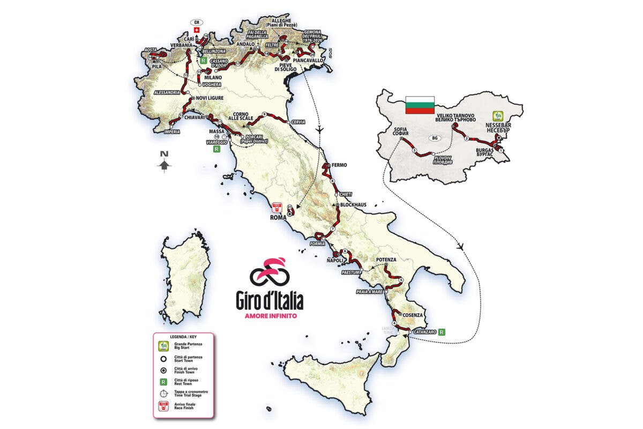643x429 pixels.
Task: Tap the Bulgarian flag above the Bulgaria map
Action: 418,105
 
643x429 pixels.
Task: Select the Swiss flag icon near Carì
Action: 197,30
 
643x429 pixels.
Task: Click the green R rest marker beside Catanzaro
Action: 441,332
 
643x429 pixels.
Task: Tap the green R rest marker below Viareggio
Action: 216,150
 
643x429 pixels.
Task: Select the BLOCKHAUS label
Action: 354,205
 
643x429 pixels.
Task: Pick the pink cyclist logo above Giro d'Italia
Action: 270,272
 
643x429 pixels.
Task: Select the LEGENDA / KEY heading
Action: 180,337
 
